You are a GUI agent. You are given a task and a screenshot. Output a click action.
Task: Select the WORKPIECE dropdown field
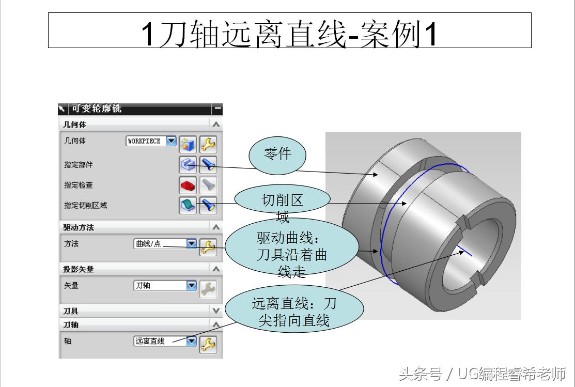tap(151, 141)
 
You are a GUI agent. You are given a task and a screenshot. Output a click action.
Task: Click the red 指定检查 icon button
tap(187, 185)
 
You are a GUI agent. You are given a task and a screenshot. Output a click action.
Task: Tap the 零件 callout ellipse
tap(278, 154)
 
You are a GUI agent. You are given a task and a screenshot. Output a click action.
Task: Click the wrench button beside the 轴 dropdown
tap(208, 344)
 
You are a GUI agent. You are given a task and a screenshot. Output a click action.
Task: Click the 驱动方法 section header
tap(79, 227)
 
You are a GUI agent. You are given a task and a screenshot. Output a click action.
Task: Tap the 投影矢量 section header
tap(79, 269)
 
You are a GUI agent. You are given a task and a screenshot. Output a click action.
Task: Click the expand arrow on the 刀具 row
tap(216, 311)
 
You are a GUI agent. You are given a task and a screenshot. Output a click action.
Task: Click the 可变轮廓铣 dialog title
tap(97, 109)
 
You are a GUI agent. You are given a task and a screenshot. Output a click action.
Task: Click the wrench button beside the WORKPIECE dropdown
tap(208, 144)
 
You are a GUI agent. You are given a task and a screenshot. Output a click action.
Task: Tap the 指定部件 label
tap(79, 165)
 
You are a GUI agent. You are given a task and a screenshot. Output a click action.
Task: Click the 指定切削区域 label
tap(86, 206)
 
